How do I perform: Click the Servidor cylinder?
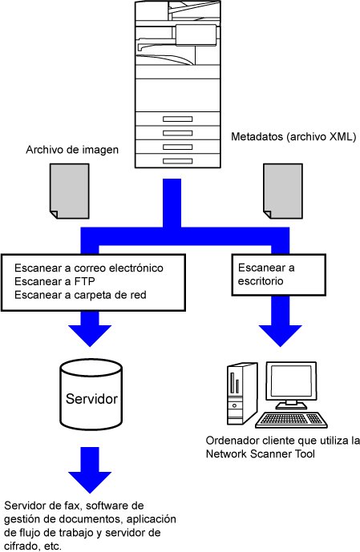(91, 394)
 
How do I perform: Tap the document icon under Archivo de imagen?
(70, 191)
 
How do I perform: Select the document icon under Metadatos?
(283, 191)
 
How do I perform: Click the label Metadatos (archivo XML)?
(293, 136)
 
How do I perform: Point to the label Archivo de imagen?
(72, 150)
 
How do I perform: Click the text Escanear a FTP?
(55, 281)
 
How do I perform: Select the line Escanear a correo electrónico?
(89, 268)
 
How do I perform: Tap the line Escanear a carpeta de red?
(80, 295)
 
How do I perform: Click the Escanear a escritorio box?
(279, 275)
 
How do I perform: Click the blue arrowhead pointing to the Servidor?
(90, 335)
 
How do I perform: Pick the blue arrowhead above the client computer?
(281, 335)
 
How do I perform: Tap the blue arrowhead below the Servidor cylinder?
(90, 482)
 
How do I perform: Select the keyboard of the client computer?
(291, 419)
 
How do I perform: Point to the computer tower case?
(241, 393)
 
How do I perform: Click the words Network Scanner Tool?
(261, 453)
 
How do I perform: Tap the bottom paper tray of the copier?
(178, 161)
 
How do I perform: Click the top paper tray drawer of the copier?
(178, 119)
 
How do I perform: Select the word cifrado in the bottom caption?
(21, 546)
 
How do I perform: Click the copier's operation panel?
(196, 35)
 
